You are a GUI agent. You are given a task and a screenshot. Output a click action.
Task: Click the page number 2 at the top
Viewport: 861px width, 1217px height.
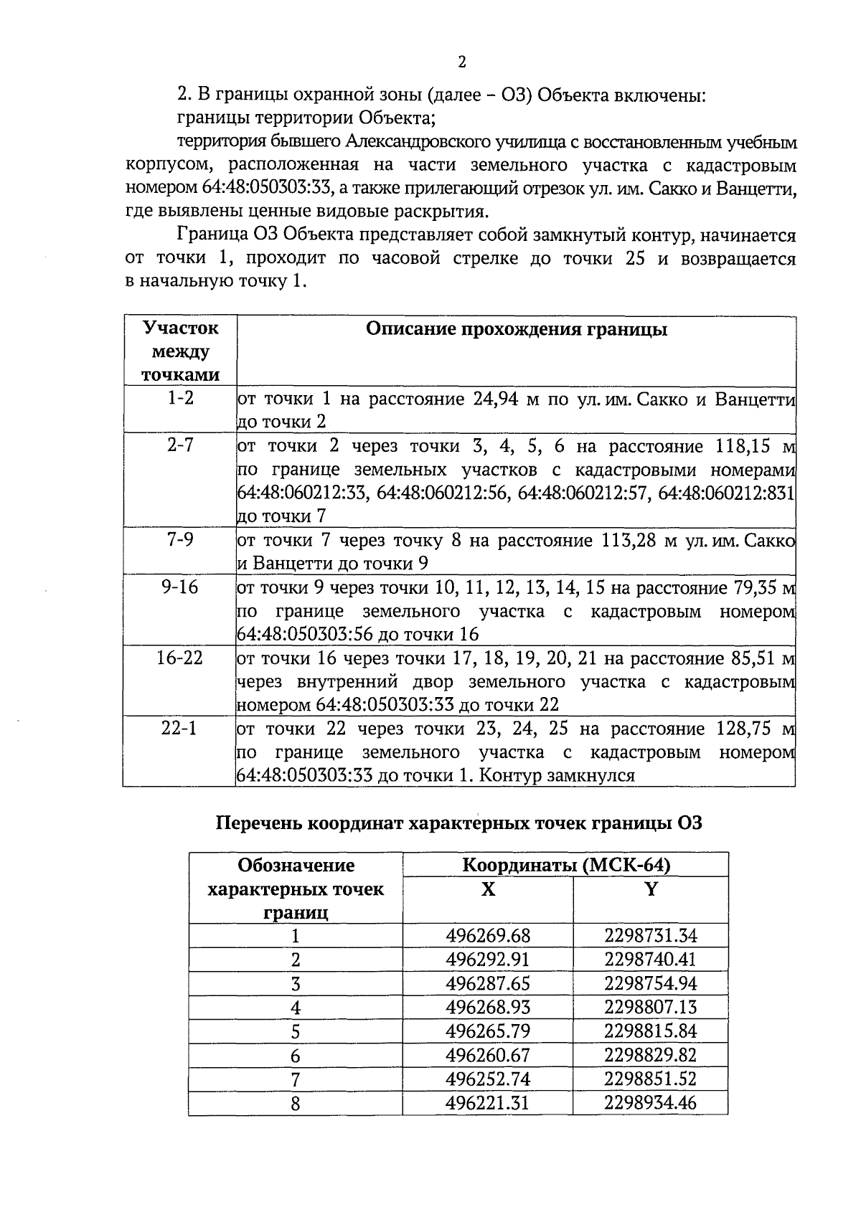[461, 62]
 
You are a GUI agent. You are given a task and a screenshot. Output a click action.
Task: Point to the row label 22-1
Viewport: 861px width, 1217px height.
[179, 729]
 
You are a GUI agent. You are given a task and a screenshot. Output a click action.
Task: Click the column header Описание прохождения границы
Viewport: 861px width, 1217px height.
[516, 329]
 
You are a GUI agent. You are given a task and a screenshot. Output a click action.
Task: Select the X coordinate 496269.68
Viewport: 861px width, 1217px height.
[488, 936]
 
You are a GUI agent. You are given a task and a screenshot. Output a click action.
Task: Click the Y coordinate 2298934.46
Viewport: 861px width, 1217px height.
[650, 1103]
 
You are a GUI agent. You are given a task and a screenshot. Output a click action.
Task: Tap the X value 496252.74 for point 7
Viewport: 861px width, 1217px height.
[488, 1079]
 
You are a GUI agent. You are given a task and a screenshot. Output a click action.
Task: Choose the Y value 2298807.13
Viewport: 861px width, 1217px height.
[650, 1008]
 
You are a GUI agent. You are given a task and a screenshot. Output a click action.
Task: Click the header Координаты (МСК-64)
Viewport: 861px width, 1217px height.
[566, 865]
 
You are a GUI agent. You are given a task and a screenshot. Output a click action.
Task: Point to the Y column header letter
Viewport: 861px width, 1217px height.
[651, 890]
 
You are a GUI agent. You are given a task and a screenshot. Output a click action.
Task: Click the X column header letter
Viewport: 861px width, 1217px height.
[488, 890]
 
